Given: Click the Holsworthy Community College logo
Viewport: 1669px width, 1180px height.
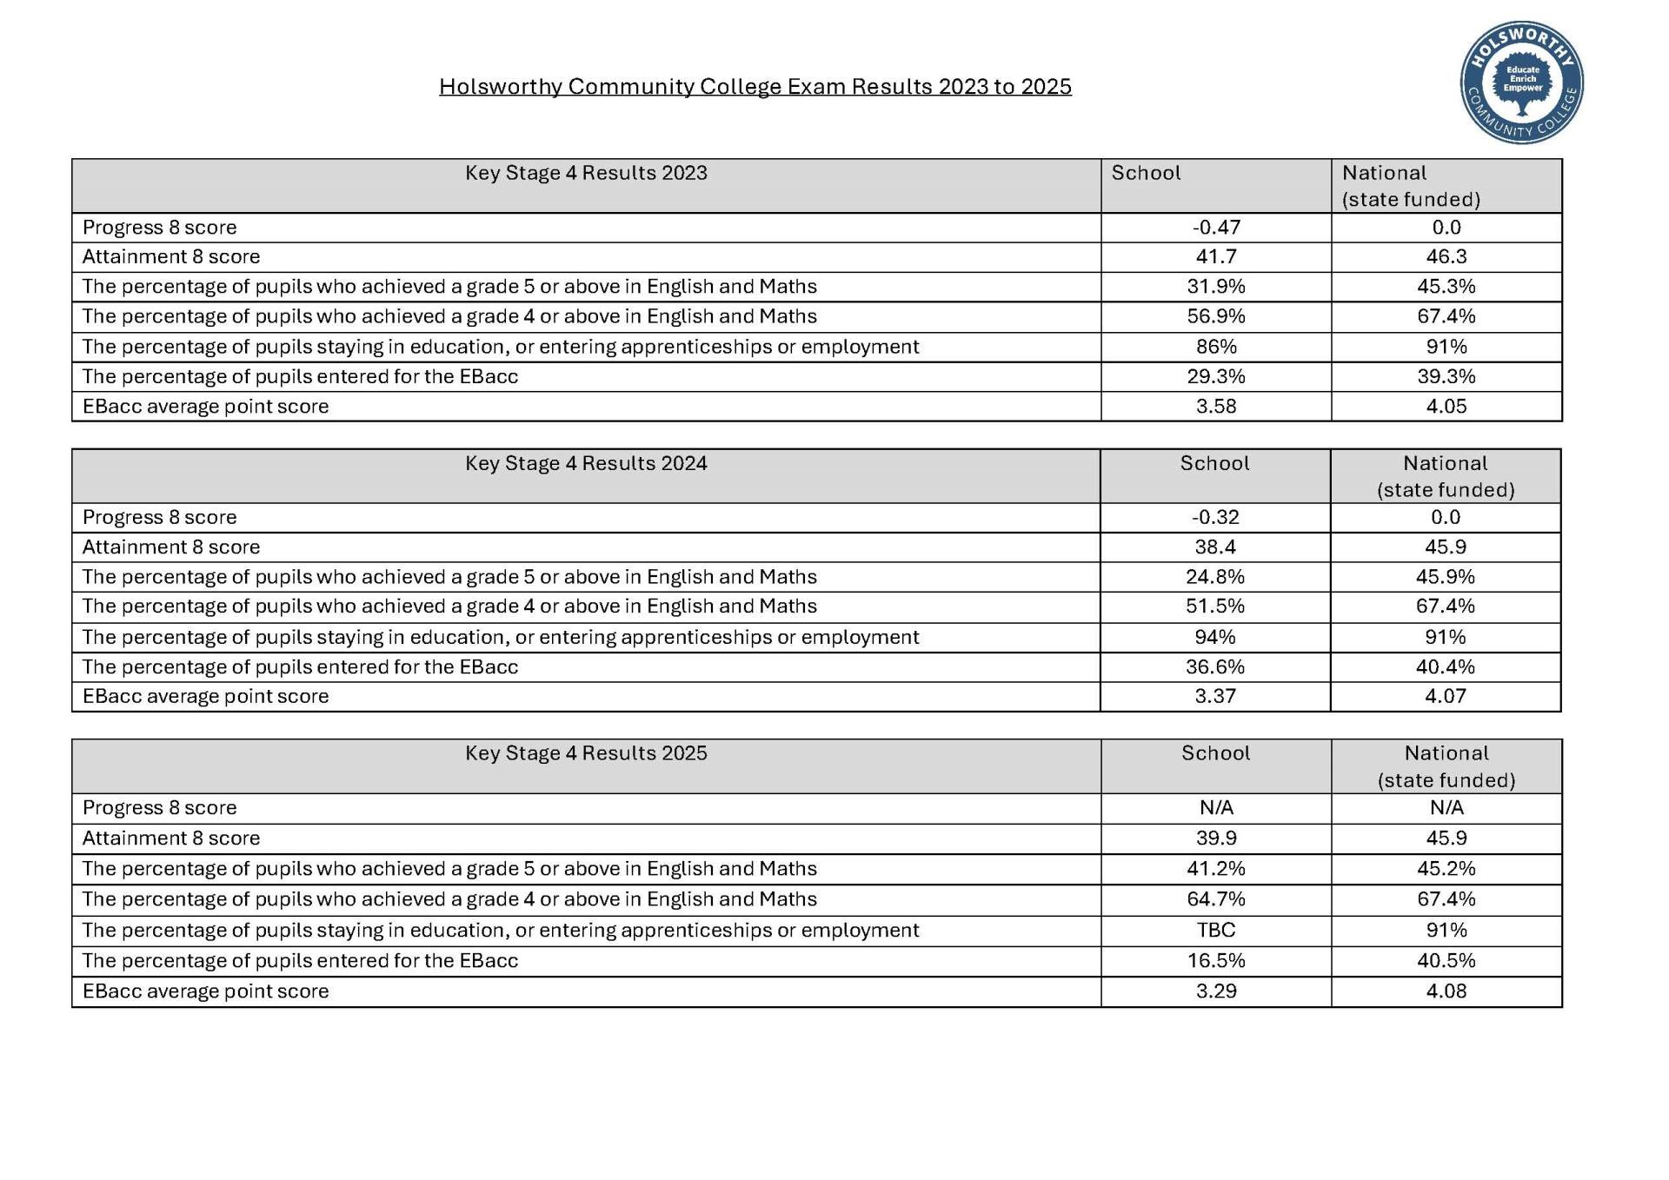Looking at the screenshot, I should click(1521, 83).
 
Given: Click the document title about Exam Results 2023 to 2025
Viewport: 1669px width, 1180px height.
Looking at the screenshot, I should click(755, 87).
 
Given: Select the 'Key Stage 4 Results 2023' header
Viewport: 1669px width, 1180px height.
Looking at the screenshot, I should click(586, 173).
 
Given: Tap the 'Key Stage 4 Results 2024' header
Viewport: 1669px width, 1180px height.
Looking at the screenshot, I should click(586, 463).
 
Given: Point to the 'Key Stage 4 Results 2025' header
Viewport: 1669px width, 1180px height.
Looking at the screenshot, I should click(586, 753).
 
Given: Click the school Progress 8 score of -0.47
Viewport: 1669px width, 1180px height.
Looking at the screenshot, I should click(1216, 228).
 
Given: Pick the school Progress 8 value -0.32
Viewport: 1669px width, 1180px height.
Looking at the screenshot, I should click(1215, 518).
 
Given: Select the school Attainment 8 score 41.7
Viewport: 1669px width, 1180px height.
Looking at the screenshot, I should click(1216, 257).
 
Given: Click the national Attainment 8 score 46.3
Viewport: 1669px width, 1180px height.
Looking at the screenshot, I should click(1446, 257).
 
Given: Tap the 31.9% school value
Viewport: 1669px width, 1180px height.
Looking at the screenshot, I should click(1216, 287).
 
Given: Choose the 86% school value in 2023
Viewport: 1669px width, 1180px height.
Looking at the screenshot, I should click(1216, 347).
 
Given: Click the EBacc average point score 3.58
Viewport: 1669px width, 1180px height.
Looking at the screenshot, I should click(1216, 407).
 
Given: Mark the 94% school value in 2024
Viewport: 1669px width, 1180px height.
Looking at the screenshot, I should click(1215, 637).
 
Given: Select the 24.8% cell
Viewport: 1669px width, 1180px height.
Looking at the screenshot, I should click(1215, 577).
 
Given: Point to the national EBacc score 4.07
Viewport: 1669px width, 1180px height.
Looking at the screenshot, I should click(1446, 696).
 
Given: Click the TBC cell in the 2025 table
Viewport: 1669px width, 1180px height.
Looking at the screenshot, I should click(1216, 931).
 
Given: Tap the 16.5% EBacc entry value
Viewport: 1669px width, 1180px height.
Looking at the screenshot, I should click(1216, 961).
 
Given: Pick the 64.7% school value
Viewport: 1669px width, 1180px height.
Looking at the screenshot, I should click(1216, 899).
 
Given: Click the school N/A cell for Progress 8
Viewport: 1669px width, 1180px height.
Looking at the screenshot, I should click(1216, 808).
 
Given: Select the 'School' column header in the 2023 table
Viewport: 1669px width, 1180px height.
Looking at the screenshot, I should click(1146, 173).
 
